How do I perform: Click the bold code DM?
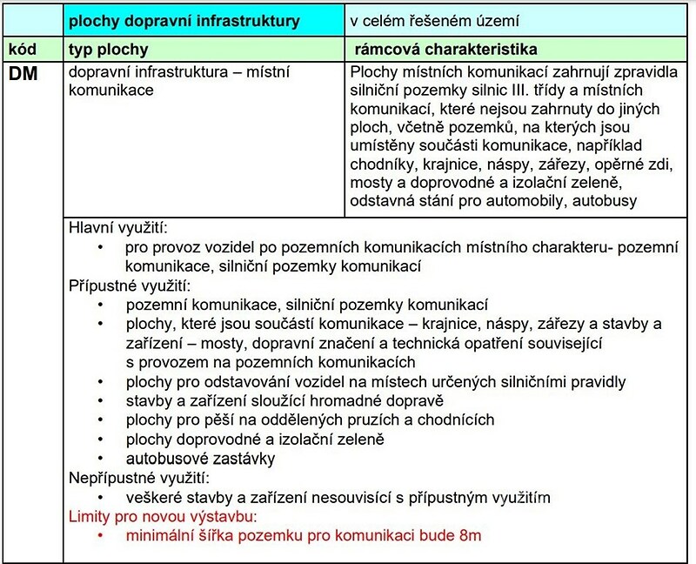24,75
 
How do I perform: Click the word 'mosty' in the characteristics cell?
369,183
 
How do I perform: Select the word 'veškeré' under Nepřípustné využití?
153,498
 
